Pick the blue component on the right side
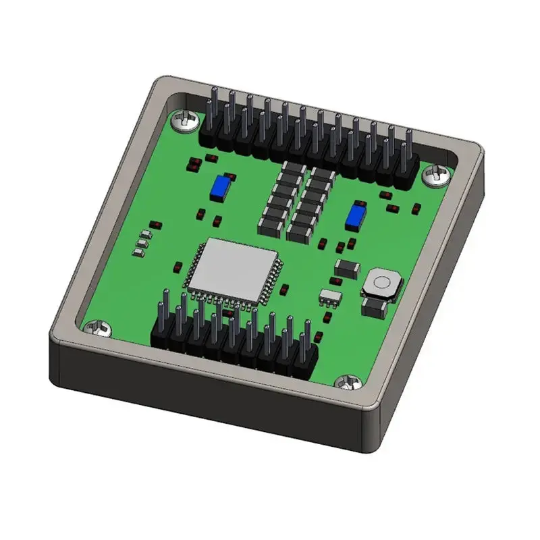(354, 217)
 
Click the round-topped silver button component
(381, 283)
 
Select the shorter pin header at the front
(234, 334)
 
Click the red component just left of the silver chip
(178, 266)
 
